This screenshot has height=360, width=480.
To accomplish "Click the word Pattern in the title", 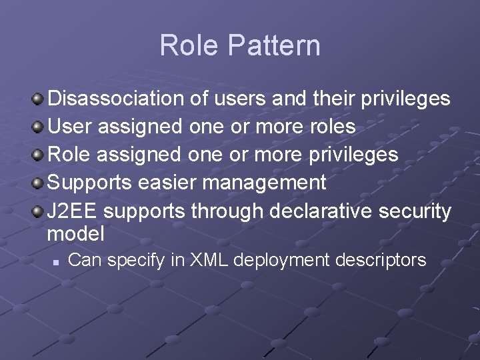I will click(274, 46).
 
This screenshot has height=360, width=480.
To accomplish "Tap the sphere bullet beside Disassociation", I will click(39, 99).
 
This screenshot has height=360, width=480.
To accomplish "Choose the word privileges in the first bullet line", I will click(405, 99).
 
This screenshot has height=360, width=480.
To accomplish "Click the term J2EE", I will click(73, 211).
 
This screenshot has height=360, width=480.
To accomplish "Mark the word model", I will click(75, 234).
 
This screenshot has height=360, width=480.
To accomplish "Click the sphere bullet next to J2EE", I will click(39, 211).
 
